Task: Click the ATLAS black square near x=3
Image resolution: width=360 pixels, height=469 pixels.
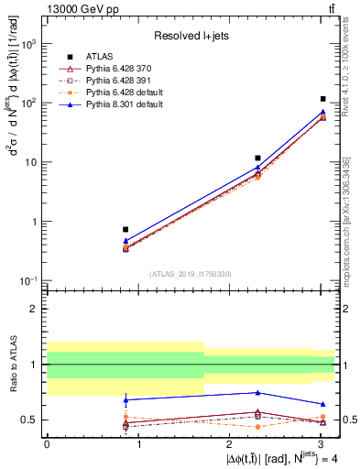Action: point(323,99)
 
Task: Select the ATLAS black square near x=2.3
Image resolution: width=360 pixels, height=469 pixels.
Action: point(258,158)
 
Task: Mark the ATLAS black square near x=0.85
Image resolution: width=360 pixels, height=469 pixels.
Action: point(125,230)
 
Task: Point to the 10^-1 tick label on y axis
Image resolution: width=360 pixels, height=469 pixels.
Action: point(30,280)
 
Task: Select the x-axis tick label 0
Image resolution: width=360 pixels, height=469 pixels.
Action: point(47,443)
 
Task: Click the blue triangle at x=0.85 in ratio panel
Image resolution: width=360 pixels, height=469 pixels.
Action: point(125,399)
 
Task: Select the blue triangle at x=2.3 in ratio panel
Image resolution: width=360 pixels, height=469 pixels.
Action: point(258,393)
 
